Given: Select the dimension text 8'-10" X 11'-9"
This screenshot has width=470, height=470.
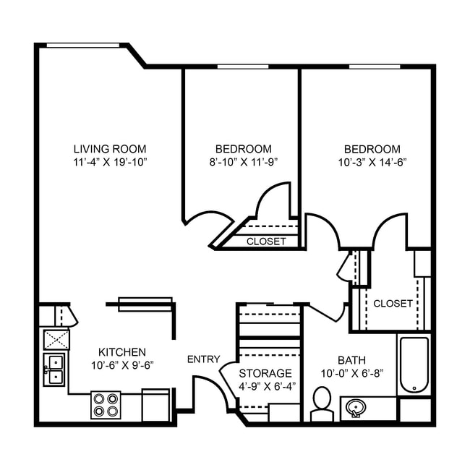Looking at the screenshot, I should (244, 163).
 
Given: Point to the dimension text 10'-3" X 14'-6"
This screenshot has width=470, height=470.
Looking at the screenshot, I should (372, 163).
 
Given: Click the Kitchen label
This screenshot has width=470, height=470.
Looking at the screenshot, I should (121, 352).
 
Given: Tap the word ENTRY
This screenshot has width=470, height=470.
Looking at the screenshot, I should (203, 359).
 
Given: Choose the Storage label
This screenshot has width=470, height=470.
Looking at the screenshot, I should (265, 373).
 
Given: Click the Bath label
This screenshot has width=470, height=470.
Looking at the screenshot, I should (351, 360).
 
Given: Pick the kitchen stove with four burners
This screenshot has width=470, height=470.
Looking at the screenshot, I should (106, 405).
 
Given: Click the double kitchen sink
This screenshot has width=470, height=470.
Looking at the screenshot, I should (54, 369).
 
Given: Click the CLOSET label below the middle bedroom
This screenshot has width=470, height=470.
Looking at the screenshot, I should (266, 242).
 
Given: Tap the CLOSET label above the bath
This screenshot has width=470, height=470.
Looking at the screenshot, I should (393, 304).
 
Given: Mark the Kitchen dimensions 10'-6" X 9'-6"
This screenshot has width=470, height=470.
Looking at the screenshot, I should (121, 365).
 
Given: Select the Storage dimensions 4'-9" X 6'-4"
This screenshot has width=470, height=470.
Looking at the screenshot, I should (265, 386).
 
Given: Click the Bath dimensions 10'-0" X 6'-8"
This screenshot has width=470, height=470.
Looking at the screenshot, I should (351, 373).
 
